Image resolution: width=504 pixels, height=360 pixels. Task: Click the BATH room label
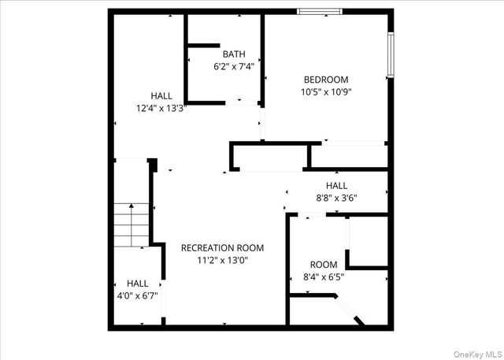[234, 54]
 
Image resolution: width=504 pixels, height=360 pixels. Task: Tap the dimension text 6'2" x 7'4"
[234, 67]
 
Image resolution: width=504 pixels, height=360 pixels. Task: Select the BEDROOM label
[326, 80]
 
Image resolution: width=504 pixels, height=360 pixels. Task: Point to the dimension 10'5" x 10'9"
[326, 91]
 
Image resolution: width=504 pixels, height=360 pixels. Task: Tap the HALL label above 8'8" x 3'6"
[337, 186]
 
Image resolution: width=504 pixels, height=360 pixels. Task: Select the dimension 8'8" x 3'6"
[337, 199]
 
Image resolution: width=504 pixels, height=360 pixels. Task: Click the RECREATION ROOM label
[222, 247]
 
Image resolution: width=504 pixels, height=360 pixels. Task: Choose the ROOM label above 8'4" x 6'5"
[324, 265]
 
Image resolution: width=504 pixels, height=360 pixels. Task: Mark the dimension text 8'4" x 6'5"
[324, 277]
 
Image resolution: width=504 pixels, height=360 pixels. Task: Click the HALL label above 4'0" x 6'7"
[138, 284]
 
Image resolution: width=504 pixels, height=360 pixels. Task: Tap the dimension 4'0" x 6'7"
[138, 296]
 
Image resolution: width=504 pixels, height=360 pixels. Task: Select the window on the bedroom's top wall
[319, 12]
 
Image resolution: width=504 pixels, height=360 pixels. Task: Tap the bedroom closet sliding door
[354, 143]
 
